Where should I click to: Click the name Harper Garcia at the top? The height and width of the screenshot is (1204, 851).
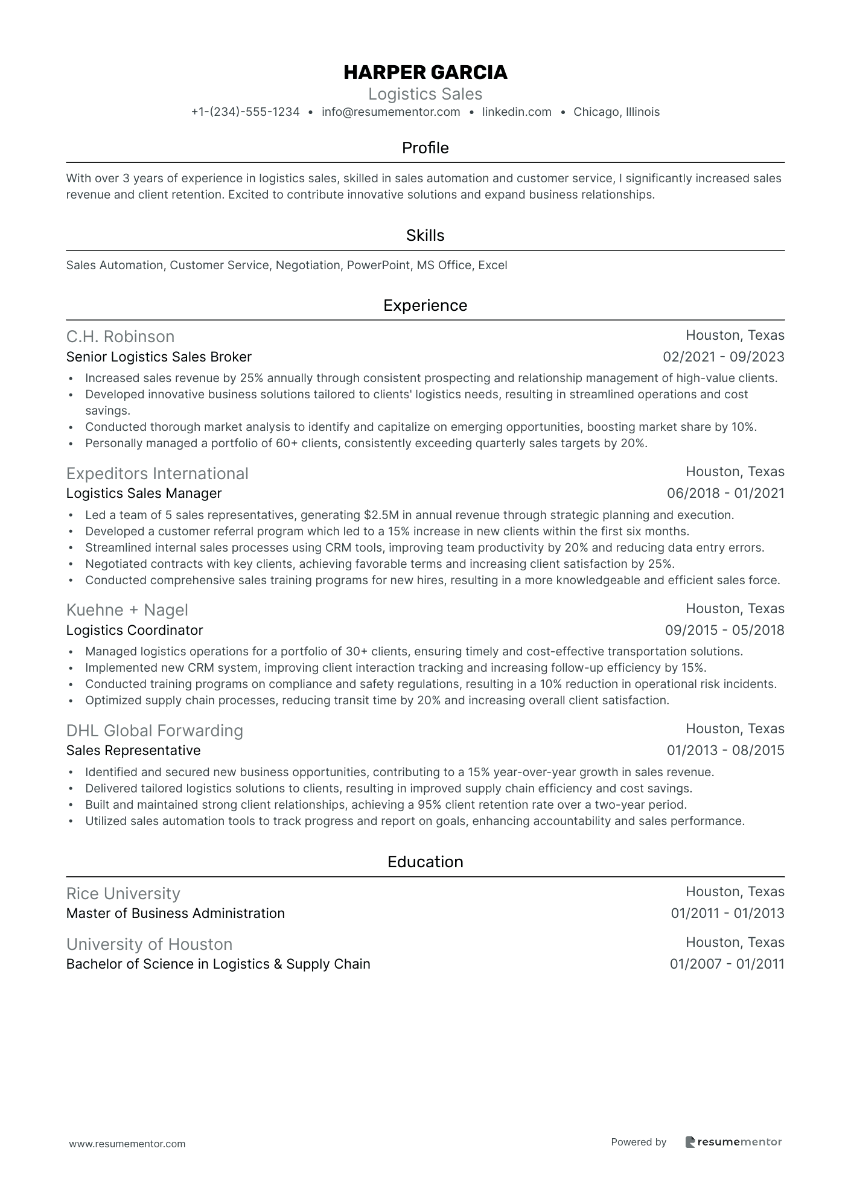pos(425,72)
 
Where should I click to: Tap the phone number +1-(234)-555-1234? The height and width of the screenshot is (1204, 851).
pos(245,112)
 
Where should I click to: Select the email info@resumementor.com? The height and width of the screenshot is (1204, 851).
pos(390,112)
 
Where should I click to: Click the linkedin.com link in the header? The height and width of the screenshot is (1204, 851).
pos(517,112)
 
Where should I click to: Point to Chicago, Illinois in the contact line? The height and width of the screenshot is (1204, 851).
pos(616,112)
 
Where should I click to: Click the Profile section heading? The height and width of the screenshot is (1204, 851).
pos(425,148)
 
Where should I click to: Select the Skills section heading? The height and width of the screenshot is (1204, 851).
pos(425,235)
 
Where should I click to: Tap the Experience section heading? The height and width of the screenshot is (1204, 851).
pos(425,305)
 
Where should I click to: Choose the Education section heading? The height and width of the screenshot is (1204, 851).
pos(425,862)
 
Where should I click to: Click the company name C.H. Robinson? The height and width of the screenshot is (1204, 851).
pos(120,337)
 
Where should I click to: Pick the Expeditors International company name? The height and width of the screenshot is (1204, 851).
pos(157,474)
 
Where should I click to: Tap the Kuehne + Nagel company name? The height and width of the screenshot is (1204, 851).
pos(127,610)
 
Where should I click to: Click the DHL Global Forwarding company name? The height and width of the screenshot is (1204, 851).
pos(155,731)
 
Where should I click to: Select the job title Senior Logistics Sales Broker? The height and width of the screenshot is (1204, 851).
pos(159,357)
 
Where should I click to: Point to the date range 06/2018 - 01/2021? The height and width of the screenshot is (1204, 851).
pos(725,494)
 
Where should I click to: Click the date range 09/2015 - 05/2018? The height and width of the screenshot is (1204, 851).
pos(724,631)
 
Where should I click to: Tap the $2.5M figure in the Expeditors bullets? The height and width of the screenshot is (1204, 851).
pos(380,515)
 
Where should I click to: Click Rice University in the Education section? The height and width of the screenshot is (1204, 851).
pos(123,894)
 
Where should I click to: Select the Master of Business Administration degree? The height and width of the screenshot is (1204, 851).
pos(175,914)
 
